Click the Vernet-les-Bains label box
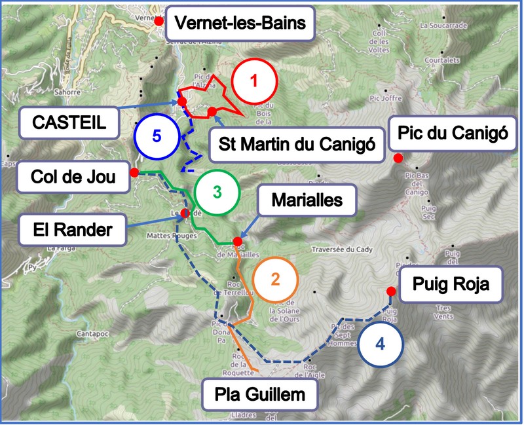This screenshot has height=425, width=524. [240, 25]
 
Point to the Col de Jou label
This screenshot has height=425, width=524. [73, 176]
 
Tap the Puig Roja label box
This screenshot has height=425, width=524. [451, 286]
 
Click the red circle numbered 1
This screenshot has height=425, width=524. [255, 81]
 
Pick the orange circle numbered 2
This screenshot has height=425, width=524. [275, 279]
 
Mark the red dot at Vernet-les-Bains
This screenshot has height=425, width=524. [159, 22]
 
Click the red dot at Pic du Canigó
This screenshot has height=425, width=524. [397, 158]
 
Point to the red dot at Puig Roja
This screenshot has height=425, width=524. [390, 291]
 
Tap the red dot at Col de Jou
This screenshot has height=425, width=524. [134, 172]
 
